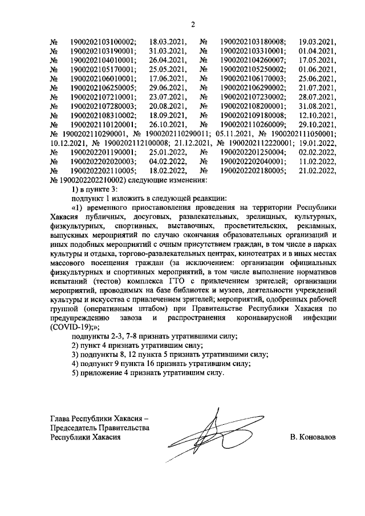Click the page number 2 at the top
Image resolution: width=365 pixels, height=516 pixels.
[192, 24]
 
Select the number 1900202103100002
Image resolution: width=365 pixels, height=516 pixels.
[103, 42]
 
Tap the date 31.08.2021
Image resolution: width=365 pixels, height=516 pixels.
[318, 106]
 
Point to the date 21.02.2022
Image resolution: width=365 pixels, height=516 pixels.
[318, 170]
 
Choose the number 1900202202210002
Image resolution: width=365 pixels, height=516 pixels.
[103, 180]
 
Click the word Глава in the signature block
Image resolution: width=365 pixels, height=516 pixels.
[62, 418]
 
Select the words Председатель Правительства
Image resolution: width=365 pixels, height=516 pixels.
[100, 428]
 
